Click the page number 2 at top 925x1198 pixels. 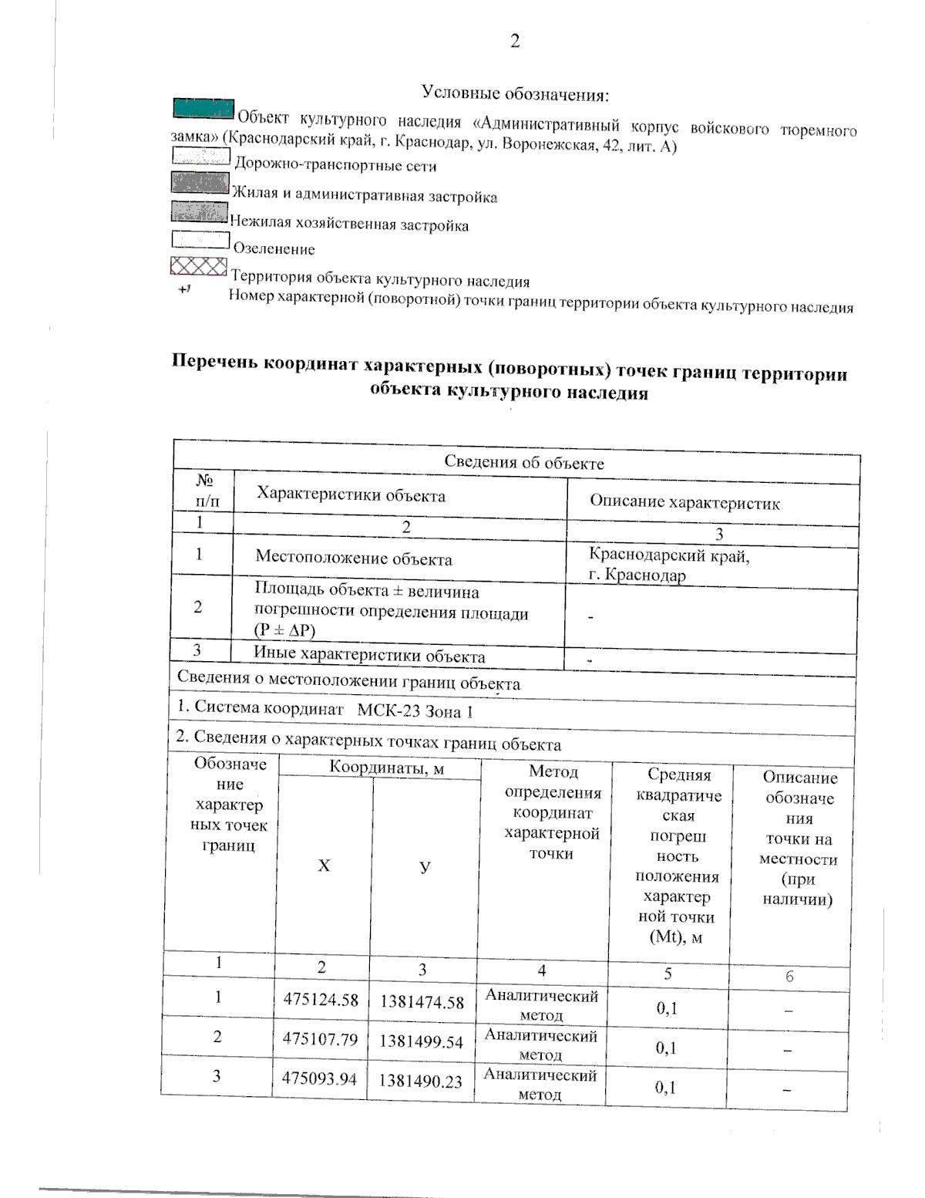coord(514,41)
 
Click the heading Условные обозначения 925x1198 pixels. coord(515,94)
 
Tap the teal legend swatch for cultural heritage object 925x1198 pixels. coord(203,110)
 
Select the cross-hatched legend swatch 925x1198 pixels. coord(198,267)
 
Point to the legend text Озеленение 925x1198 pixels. coord(274,249)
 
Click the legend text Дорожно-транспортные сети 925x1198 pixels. coord(335,165)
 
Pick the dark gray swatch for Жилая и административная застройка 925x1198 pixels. coord(200,183)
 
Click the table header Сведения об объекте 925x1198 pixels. coord(524,463)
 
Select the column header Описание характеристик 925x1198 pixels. coord(684,503)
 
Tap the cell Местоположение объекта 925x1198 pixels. coord(354,559)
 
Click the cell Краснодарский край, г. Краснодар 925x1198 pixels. coord(668,565)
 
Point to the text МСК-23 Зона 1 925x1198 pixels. coord(415,710)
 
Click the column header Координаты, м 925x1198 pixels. coord(386,768)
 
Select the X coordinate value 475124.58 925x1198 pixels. coord(321,1000)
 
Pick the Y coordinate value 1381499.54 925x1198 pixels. coord(421,1041)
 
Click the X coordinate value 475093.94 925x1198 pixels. coord(319,1078)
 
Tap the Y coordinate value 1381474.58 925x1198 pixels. coord(422,1002)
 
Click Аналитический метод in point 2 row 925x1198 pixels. coord(540,1044)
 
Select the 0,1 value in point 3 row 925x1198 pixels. coord(665,1087)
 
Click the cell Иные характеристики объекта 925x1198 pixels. coord(369,656)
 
